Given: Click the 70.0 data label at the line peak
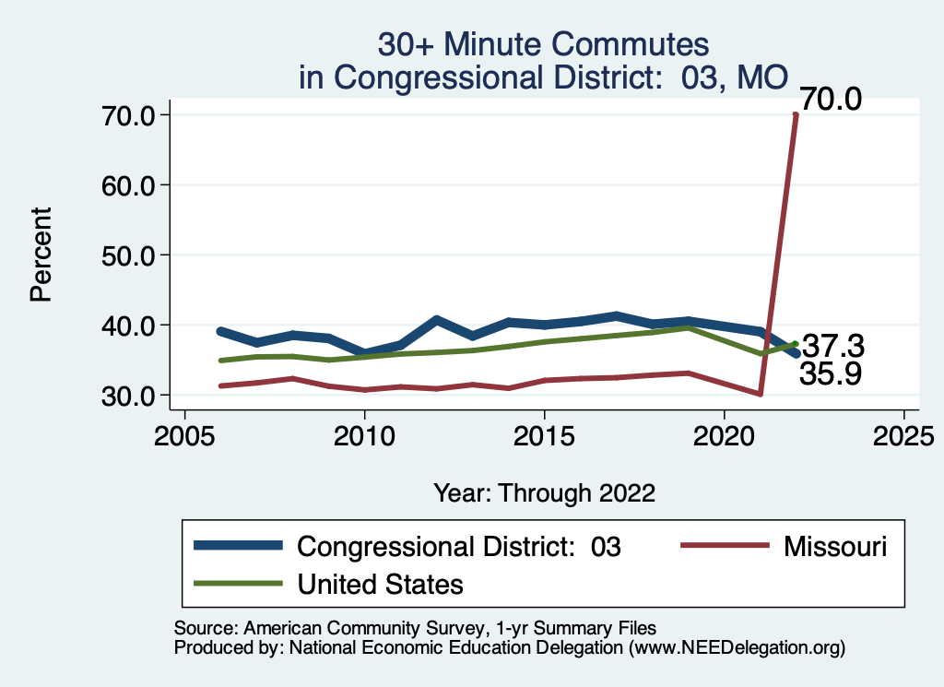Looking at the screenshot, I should (830, 99).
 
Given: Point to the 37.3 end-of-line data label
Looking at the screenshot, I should (832, 347).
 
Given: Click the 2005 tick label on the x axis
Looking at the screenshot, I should (184, 434).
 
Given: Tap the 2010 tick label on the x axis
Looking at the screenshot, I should (364, 434).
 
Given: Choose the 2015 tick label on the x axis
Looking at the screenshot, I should (544, 434).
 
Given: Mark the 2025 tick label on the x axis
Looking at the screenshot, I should (903, 434).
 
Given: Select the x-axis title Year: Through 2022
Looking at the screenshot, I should (544, 493).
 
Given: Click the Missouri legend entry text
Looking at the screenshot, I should (835, 546).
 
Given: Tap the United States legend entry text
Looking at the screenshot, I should (380, 584).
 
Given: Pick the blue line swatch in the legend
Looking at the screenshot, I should (238, 546).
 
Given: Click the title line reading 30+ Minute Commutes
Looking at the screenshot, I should (544, 44).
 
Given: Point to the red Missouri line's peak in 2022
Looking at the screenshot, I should (796, 115).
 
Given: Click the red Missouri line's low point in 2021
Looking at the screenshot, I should (760, 394).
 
